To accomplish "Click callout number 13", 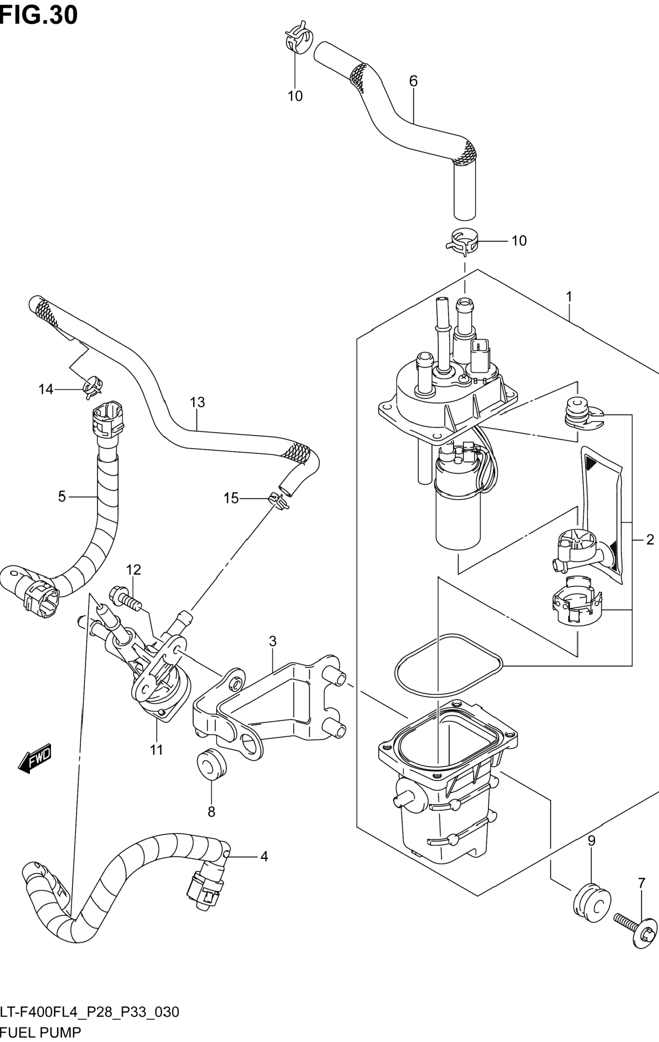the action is click(197, 402).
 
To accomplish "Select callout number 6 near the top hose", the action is click(413, 81).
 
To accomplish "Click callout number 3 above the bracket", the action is click(272, 641).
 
